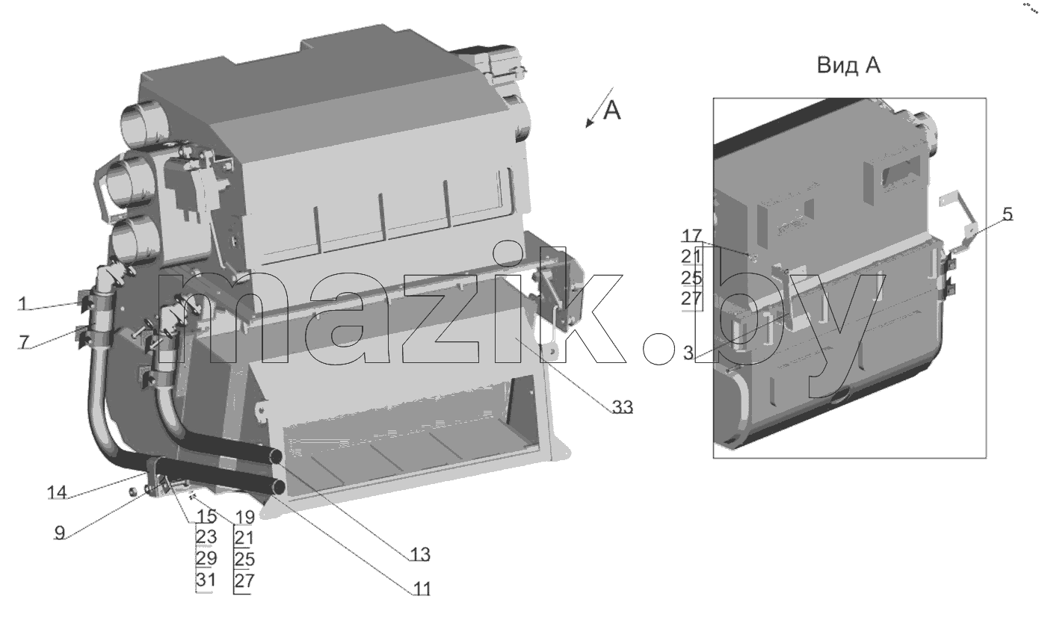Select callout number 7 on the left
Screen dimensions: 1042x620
pos(24,342)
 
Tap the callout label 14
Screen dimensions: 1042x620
pos(58,492)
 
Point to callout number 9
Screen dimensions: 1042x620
pos(60,533)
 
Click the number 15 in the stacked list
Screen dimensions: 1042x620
pos(207,516)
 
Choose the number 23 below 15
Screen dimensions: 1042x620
pos(207,537)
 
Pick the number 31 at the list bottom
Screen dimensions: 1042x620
pos(207,580)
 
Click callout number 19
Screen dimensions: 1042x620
pos(245,517)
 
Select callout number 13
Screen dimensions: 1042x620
pos(419,554)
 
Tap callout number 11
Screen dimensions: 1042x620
pos(422,589)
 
